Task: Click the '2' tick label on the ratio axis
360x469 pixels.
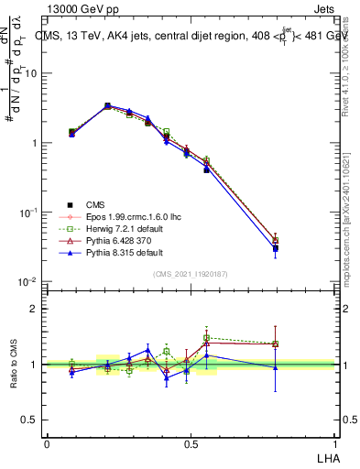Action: pyautogui.click(x=35, y=309)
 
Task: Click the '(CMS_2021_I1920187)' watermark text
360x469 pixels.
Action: pyautogui.click(x=191, y=274)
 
